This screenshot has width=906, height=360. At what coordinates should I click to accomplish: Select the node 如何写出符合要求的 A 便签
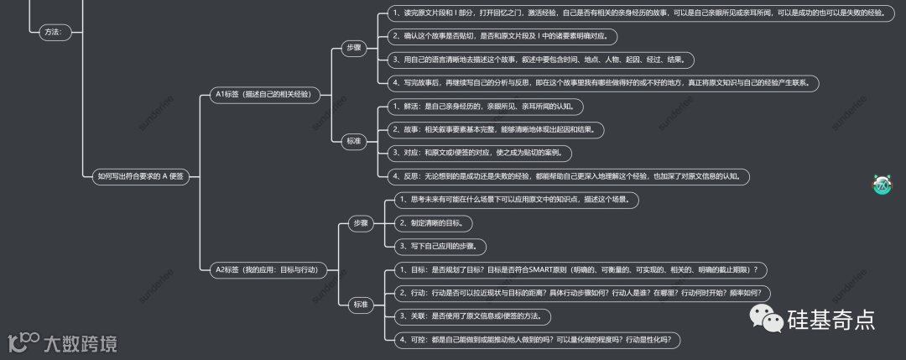(x=140, y=175)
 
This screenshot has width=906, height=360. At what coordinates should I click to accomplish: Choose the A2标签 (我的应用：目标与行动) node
(x=267, y=269)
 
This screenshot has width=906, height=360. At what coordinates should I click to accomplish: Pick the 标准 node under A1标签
(x=353, y=141)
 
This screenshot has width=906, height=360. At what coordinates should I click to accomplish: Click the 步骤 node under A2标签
(x=361, y=222)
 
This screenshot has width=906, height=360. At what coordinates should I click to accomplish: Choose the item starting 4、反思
(x=567, y=176)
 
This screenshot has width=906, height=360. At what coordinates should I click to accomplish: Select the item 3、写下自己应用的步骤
(x=441, y=246)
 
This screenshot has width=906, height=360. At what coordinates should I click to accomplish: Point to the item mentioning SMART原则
(x=578, y=269)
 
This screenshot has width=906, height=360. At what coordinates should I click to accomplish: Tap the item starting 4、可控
(x=534, y=340)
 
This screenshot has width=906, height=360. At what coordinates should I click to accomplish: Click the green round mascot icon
(x=882, y=185)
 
